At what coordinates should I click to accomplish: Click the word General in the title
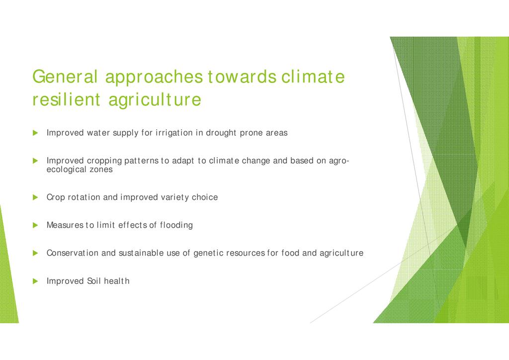(65, 77)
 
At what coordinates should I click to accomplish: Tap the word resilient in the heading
(66, 99)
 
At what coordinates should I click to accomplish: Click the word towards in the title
(242, 77)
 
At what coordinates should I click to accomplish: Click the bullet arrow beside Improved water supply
(35, 133)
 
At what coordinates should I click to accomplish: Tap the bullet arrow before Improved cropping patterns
(35, 161)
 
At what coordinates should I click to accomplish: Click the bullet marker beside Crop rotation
(35, 197)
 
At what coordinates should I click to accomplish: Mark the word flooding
(176, 225)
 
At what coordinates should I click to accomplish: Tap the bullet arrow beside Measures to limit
(35, 225)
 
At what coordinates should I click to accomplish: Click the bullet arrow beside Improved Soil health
(35, 281)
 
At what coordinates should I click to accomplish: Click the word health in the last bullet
(116, 281)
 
